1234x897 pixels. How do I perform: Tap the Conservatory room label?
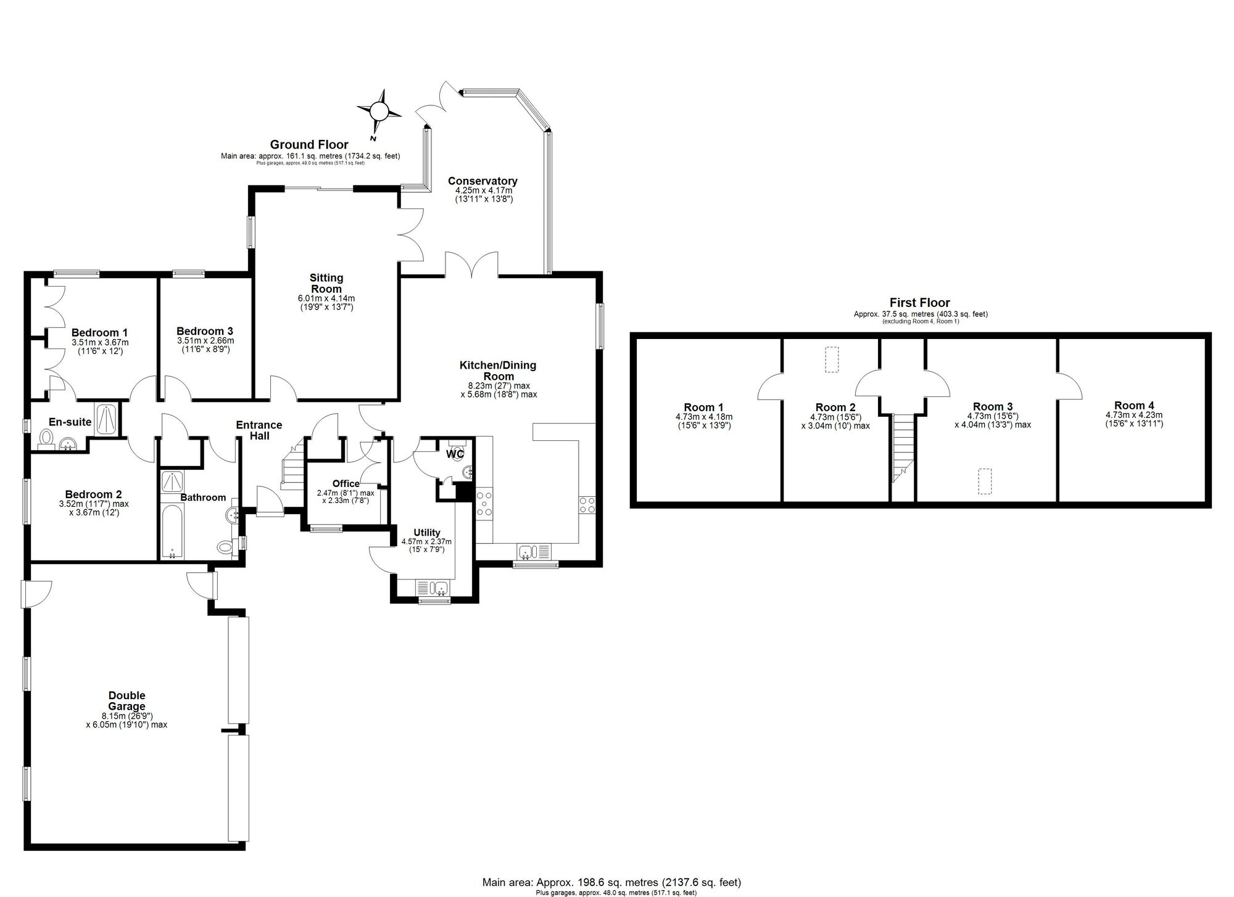[x=482, y=181]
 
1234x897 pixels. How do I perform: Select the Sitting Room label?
[x=326, y=284]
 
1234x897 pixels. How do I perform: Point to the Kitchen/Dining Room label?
[x=498, y=371]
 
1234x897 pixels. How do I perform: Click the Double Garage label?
[x=126, y=701]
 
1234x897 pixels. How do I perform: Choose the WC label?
[x=455, y=454]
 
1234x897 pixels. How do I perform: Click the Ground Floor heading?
[x=309, y=145]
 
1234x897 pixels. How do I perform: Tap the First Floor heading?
[x=919, y=303]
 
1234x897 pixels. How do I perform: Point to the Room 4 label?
[x=1134, y=406]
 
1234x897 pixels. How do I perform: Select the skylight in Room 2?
[x=832, y=360]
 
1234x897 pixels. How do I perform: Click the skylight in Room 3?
[x=985, y=481]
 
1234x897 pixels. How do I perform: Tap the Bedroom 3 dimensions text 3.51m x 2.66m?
[x=205, y=340]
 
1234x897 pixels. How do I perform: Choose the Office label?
[x=346, y=484]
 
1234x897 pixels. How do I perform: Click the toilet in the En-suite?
[x=46, y=437]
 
